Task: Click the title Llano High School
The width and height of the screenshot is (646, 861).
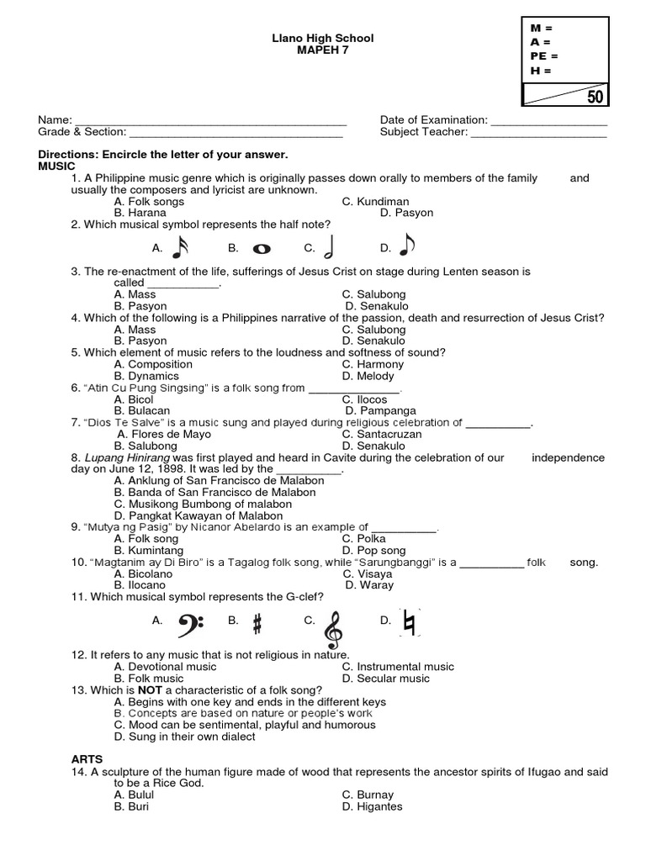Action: point(322,39)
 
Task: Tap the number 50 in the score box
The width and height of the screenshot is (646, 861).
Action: point(595,97)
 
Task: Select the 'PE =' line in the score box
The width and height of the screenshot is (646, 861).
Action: point(544,55)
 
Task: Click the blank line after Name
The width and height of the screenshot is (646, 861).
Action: point(211,121)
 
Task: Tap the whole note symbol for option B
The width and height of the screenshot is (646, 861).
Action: point(261,249)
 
